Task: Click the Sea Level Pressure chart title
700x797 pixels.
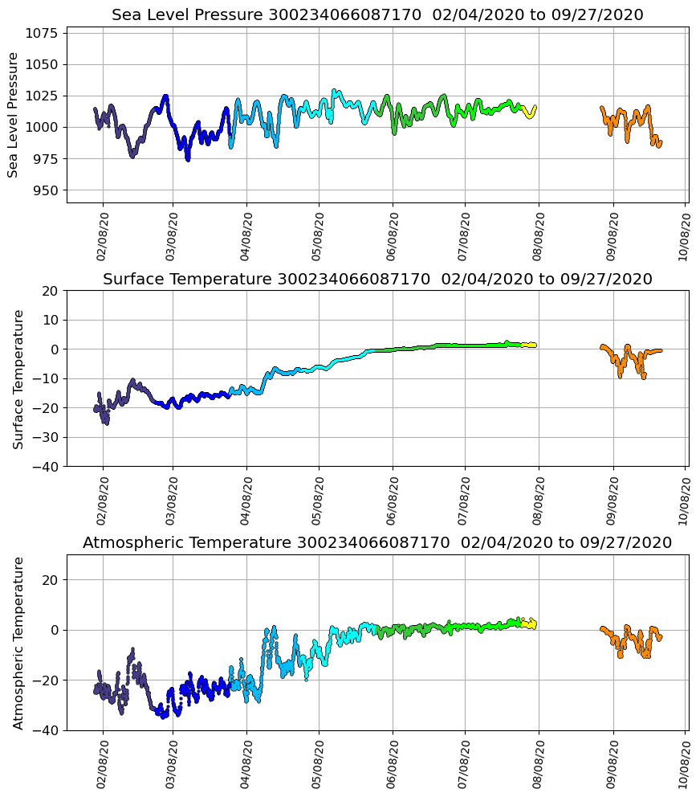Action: point(377,15)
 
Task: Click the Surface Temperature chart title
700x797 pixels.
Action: point(377,280)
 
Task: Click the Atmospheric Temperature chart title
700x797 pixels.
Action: point(377,543)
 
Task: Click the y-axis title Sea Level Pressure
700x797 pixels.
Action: point(14,115)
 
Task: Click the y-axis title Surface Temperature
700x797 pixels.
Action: point(18,379)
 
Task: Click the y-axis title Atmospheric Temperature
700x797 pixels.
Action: point(18,643)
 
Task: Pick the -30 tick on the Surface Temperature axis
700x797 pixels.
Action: point(45,437)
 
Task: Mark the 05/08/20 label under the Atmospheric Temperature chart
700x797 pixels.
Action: point(319,766)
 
